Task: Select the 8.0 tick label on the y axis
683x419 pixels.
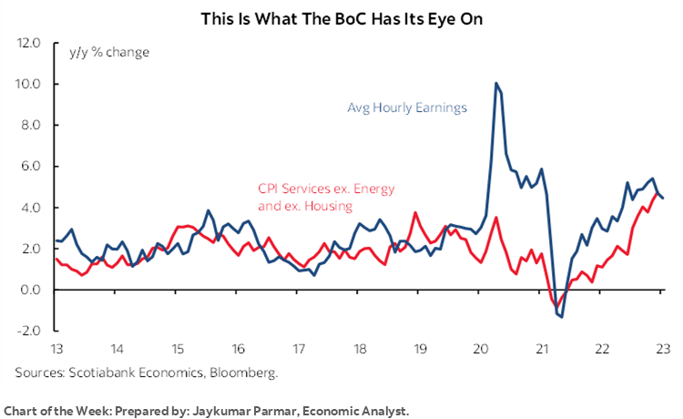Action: coord(31,125)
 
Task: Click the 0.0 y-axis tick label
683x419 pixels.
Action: coord(31,290)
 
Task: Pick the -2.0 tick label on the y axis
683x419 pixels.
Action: coord(29,331)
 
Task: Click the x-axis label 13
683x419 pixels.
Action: coord(56,349)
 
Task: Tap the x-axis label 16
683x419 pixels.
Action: coord(238,349)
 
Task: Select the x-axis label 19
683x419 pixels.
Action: coord(420,349)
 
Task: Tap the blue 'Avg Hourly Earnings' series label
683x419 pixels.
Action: coord(407,107)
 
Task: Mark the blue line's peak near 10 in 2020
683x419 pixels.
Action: coord(495,83)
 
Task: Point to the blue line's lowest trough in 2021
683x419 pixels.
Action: coord(562,317)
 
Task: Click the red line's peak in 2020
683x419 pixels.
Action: coord(495,217)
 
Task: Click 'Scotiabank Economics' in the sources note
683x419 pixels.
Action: coord(127,372)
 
